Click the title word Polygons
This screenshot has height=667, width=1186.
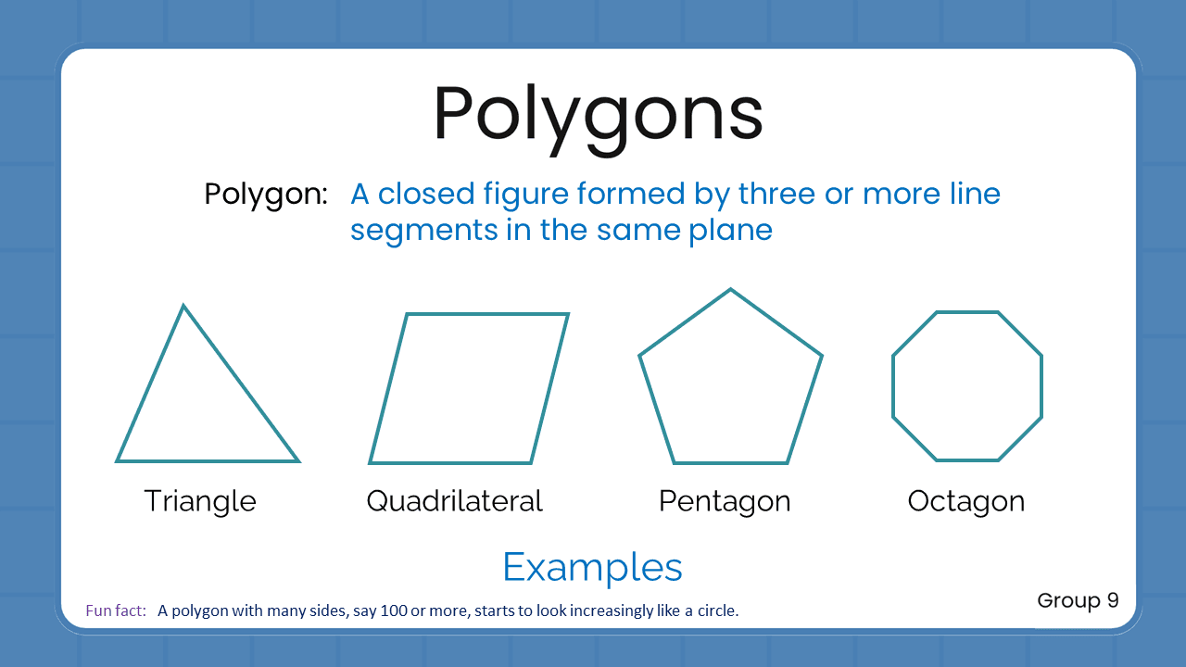[x=598, y=116]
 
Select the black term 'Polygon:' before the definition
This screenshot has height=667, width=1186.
[x=266, y=195]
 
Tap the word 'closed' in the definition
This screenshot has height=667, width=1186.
[x=426, y=195]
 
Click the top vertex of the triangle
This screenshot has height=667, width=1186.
[x=183, y=307]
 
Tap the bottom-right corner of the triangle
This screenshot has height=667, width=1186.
[x=297, y=460]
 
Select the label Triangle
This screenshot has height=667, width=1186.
[x=200, y=501]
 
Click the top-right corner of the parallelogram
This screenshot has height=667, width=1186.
[x=567, y=315]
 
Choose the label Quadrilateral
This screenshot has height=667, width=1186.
[x=454, y=501]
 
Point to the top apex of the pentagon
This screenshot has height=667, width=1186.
[x=730, y=290]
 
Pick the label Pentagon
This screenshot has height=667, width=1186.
[x=725, y=501]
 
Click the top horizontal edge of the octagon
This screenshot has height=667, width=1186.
[x=967, y=313]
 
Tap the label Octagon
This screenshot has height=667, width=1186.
[x=966, y=501]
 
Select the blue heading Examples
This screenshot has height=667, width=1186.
[x=592, y=567]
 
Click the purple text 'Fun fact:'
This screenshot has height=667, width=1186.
[x=116, y=610]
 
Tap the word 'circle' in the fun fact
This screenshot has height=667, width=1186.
[x=716, y=610]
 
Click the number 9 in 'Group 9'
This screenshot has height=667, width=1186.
[x=1112, y=600]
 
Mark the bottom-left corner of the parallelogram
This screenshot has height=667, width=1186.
[x=371, y=461]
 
